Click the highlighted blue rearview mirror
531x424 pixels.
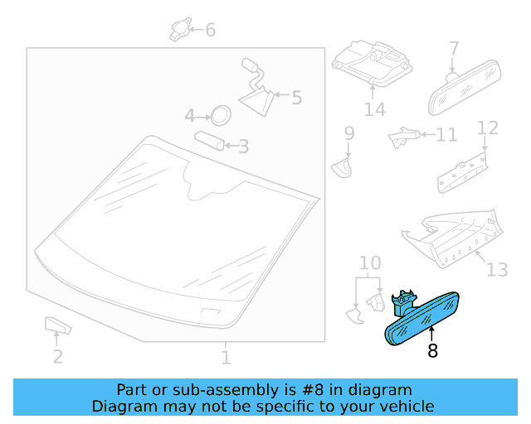[x=422, y=319]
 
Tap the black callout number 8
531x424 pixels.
[x=432, y=351]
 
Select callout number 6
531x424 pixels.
[x=210, y=30]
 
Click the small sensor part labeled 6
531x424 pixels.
[x=180, y=29]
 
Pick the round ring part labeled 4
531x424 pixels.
[x=221, y=115]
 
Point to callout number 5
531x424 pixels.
[x=297, y=98]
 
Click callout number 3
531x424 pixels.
[x=243, y=147]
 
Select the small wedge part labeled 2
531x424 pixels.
[x=58, y=325]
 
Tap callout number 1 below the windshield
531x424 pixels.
[x=226, y=358]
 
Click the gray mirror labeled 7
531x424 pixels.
[x=465, y=89]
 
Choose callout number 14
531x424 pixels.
[x=374, y=109]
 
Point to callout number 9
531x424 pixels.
[x=349, y=133]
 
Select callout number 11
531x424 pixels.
[x=446, y=135]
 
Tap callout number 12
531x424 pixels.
[x=488, y=128]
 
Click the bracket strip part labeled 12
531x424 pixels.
[x=462, y=173]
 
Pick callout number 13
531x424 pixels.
[x=497, y=270]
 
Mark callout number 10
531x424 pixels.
[x=370, y=263]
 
